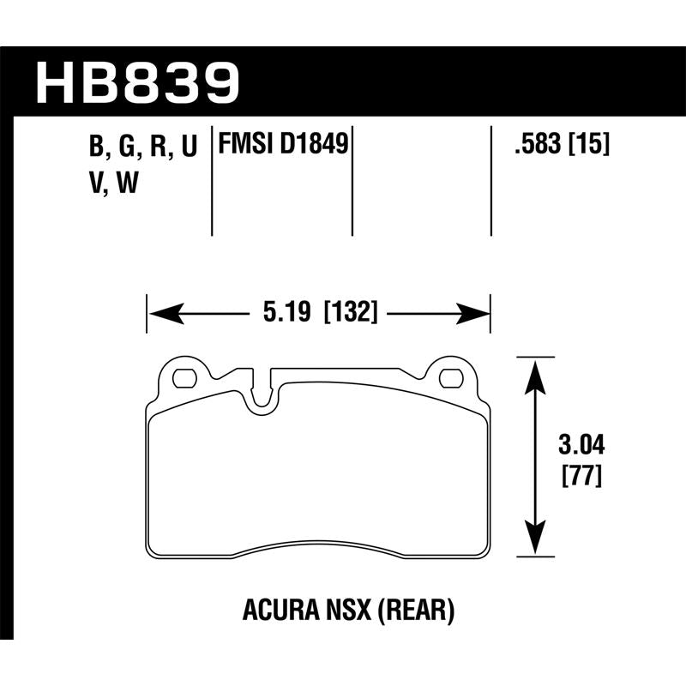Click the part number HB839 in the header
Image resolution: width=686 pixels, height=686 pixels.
138,81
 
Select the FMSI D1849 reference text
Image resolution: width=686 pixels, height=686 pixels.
284,143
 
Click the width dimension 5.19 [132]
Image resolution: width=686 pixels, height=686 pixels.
318,314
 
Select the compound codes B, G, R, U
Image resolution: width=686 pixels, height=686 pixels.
142,147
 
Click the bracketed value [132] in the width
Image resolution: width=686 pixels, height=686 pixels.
351,314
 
